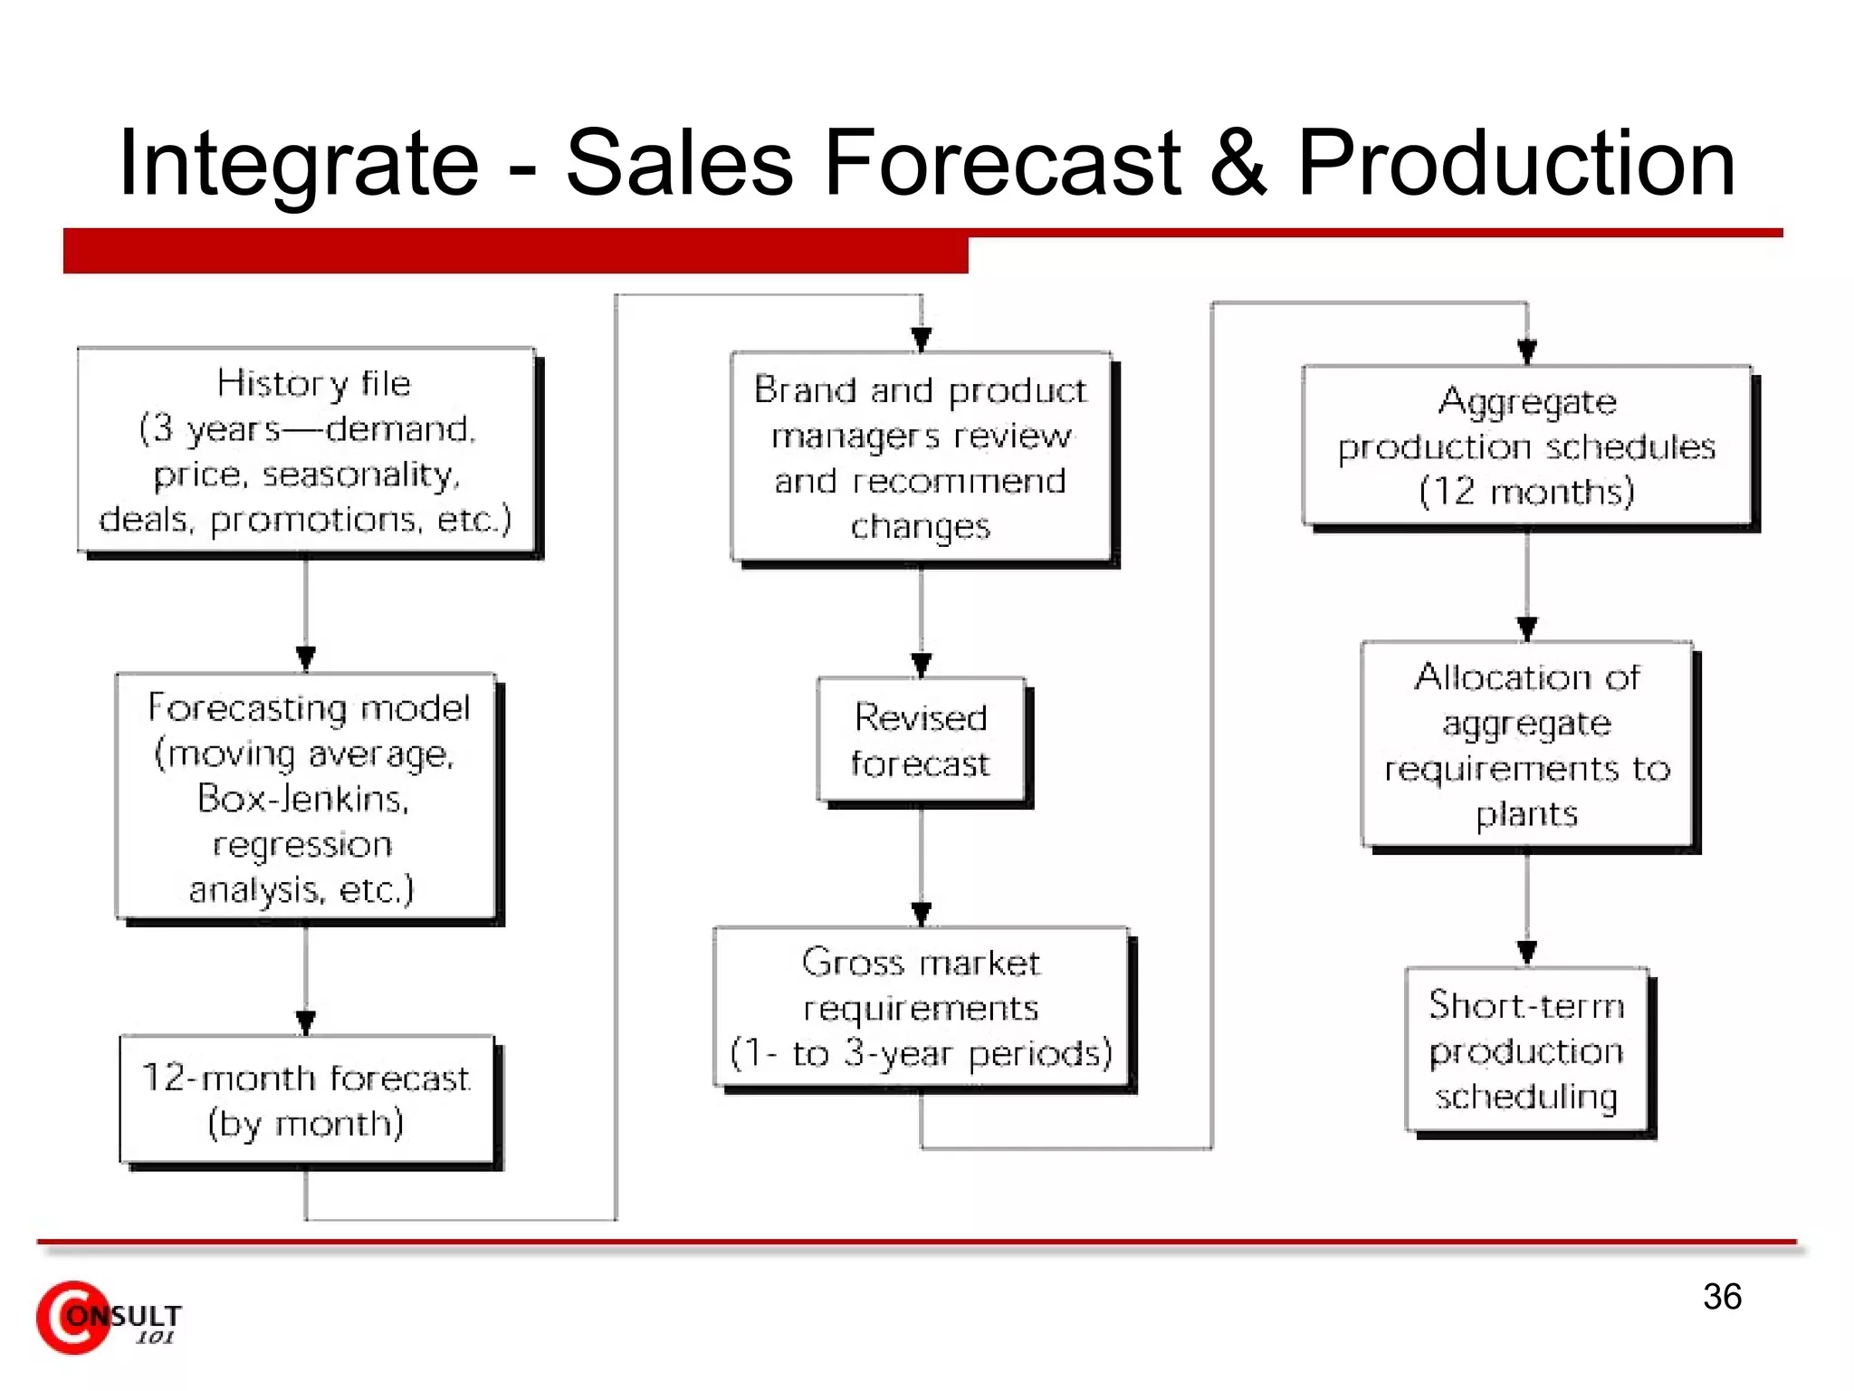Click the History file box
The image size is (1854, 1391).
[x=306, y=450]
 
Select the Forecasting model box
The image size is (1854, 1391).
[x=306, y=797]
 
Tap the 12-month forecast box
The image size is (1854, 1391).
[x=306, y=1099]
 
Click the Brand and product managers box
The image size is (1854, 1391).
[x=921, y=456]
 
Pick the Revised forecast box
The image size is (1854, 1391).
[x=921, y=740]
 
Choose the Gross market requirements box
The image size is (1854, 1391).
[x=921, y=1007]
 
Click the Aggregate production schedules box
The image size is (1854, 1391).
[x=1526, y=446]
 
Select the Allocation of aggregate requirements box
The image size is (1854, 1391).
[x=1526, y=744]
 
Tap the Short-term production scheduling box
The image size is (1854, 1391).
[x=1526, y=1050]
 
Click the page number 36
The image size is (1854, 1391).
[x=1722, y=1297]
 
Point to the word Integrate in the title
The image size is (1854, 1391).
[x=299, y=163]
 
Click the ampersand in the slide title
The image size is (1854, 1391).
[x=1238, y=163]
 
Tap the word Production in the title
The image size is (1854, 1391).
[x=1516, y=163]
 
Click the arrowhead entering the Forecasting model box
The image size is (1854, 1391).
[x=306, y=657]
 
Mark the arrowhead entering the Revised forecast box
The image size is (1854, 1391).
[x=921, y=666]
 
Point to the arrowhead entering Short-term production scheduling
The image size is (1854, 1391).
[x=1526, y=953]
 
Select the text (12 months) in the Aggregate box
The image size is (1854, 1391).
[x=1526, y=492]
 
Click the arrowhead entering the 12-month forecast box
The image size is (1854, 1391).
[x=306, y=1022]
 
